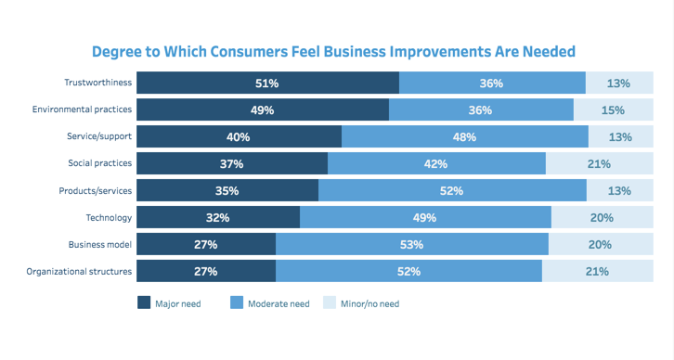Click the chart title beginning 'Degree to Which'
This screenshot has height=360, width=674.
[333, 51]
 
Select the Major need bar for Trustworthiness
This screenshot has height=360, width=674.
[268, 84]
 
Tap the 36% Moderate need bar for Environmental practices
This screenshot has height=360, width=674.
[481, 110]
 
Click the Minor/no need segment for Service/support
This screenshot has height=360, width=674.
[621, 137]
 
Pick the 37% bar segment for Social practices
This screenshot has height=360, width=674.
[232, 164]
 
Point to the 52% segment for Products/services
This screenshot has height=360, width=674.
[453, 191]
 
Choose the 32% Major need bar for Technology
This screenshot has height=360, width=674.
[218, 218]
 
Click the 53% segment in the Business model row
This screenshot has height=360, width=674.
[412, 245]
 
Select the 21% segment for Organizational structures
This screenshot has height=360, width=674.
[598, 272]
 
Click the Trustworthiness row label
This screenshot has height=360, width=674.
[97, 84]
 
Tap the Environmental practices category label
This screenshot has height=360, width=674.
[82, 110]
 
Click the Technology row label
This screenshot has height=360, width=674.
[109, 218]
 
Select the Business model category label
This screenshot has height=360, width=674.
[99, 245]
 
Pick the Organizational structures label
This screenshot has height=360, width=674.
[81, 272]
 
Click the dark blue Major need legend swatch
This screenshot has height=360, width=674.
[144, 303]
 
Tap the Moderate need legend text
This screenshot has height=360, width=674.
[279, 303]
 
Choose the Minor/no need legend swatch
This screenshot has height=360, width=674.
[329, 303]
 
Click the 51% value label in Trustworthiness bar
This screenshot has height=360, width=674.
[267, 84]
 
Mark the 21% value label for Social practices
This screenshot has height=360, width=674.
[599, 164]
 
